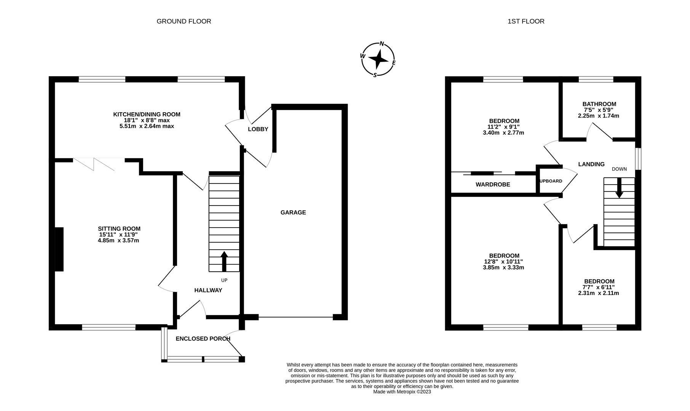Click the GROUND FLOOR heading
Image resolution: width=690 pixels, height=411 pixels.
(184, 21)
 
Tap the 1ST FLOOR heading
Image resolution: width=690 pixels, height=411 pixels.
(525, 21)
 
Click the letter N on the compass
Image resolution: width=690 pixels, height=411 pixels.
(382, 44)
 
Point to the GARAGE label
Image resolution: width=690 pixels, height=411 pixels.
(293, 212)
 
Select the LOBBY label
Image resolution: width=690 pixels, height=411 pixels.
(258, 129)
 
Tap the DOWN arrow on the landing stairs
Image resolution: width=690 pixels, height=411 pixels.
(619, 188)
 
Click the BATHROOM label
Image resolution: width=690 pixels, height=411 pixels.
(599, 104)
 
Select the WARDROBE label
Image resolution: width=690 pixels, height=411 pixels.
(492, 185)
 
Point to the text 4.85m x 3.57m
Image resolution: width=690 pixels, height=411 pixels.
(119, 241)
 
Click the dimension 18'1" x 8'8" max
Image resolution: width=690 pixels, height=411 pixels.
(147, 120)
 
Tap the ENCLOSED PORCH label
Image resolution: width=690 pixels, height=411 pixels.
(203, 339)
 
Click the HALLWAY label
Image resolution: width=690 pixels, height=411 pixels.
(208, 290)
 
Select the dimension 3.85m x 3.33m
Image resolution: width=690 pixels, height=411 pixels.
(504, 268)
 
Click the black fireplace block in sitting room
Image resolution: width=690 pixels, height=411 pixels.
(59, 249)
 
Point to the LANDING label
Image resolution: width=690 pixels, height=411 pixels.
(591, 164)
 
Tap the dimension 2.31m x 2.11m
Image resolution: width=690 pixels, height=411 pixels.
(598, 293)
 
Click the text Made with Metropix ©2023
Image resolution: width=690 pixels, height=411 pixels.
(402, 392)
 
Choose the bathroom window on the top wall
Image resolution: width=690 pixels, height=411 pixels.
(596, 80)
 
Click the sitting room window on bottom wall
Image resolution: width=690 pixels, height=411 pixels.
(109, 327)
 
